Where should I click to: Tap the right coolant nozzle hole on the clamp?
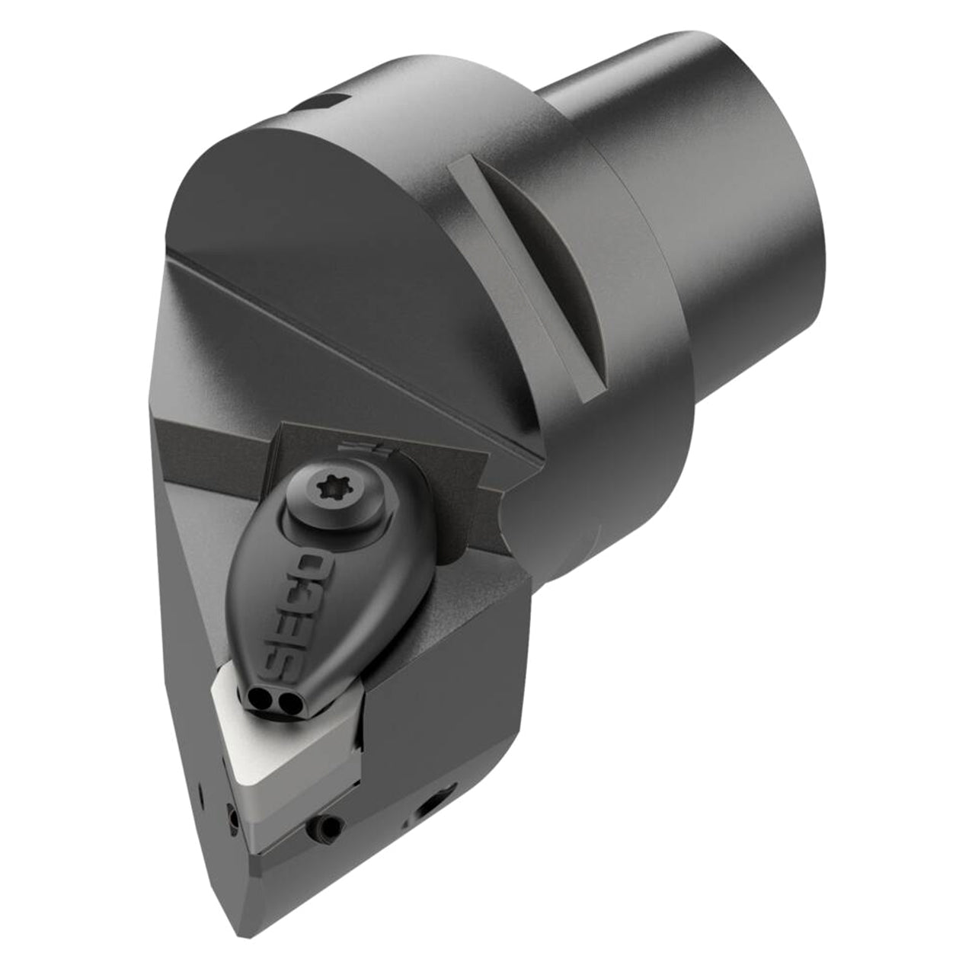[x=289, y=702]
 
